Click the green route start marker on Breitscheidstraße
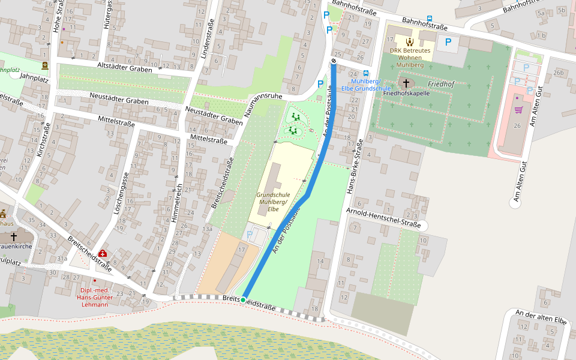pos(243,299)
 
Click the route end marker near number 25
pos(334,61)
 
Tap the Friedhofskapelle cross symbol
pos(406,83)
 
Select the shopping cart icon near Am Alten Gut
pos(518,110)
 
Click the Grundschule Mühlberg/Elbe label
pos(273,202)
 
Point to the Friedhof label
pos(441,85)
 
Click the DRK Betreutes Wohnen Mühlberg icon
pos(410,42)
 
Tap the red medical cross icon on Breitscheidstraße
pos(103,254)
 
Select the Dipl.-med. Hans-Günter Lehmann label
pos(94,298)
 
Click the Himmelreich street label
pos(178,203)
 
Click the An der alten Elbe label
pos(541,317)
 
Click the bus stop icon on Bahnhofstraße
pos(429,19)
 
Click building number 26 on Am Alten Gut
pos(517,125)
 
